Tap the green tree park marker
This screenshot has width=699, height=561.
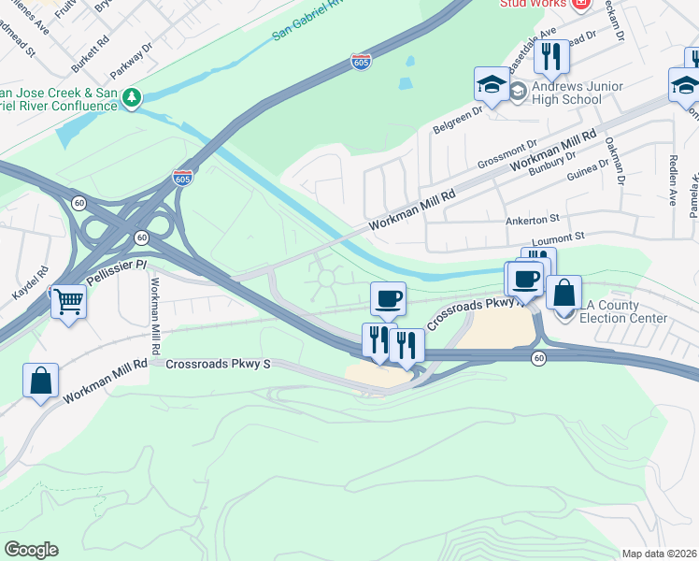pos(133,97)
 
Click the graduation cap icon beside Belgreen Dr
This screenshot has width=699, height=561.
pos(492,84)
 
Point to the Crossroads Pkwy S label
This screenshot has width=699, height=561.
pos(218,364)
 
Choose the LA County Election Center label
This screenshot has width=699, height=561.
pos(622,312)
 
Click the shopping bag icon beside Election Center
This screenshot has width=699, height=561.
pos(564,293)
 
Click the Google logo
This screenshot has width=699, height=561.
pos(31,549)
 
